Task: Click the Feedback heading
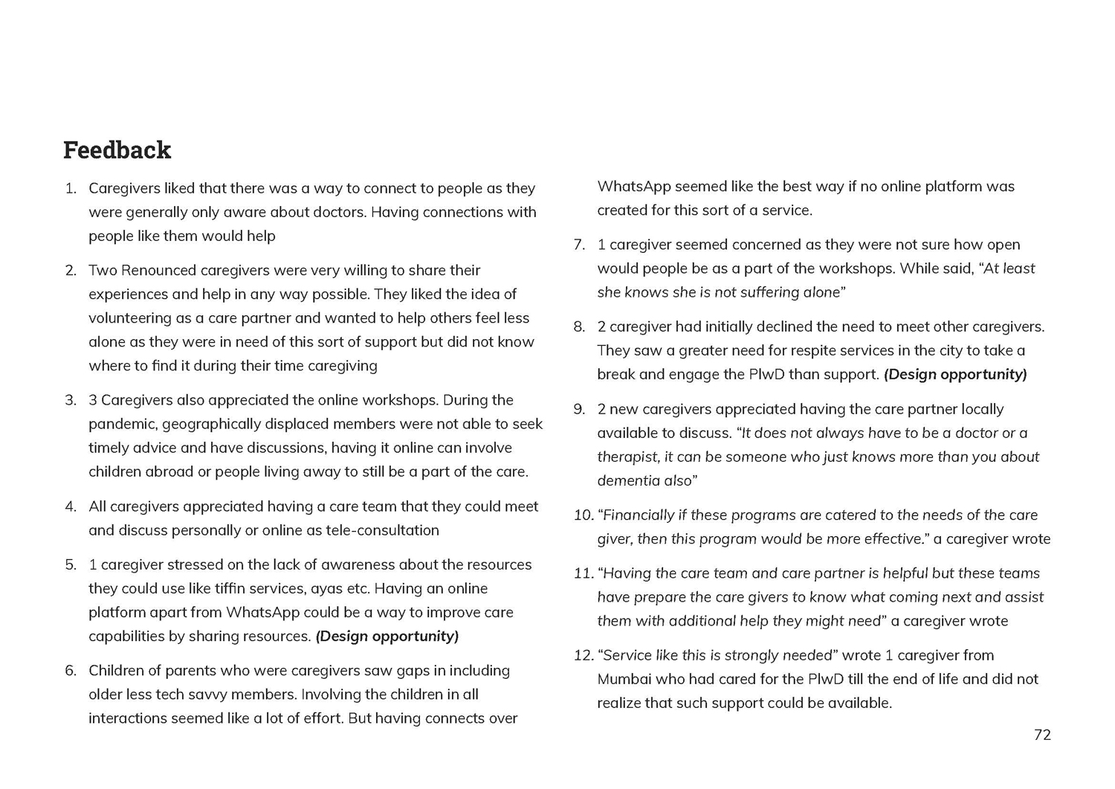117,150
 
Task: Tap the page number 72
1042,735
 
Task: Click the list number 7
579,245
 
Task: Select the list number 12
583,655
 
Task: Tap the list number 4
71,506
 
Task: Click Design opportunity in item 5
387,636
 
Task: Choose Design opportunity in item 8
955,374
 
